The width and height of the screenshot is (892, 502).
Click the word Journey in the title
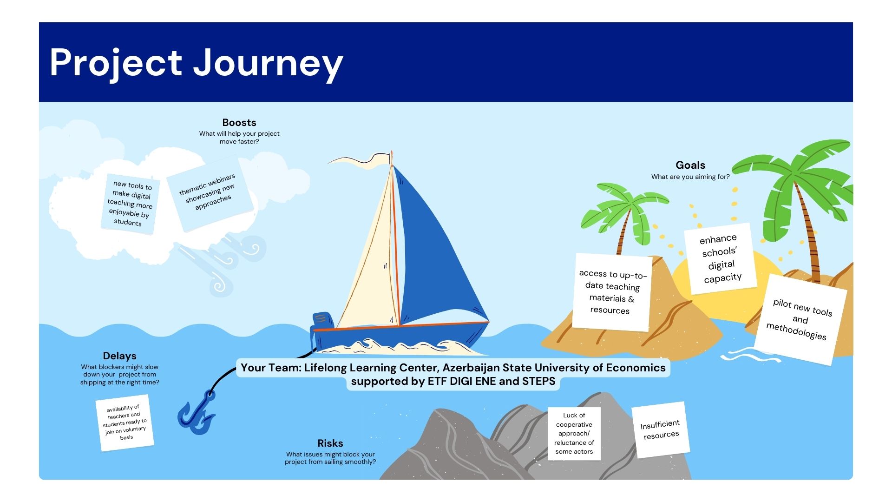click(268, 64)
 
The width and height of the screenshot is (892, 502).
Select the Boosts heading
click(239, 123)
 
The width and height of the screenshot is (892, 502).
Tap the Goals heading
click(690, 165)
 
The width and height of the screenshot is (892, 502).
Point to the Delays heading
click(119, 356)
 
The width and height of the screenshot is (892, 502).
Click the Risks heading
click(330, 443)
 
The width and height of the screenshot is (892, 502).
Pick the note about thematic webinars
click(210, 194)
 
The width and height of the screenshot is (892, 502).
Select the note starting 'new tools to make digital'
click(130, 204)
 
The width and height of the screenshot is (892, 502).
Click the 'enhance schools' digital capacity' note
click(721, 258)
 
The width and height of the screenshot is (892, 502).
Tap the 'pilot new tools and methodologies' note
click(800, 320)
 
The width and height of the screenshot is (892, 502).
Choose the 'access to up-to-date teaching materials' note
click(612, 292)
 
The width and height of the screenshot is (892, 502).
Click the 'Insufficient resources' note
click(660, 429)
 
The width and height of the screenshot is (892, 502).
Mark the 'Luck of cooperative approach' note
click(574, 434)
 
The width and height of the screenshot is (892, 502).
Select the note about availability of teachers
click(125, 423)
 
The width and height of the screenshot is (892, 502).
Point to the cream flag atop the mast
click(360, 159)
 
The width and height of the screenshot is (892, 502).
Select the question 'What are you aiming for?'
click(690, 177)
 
